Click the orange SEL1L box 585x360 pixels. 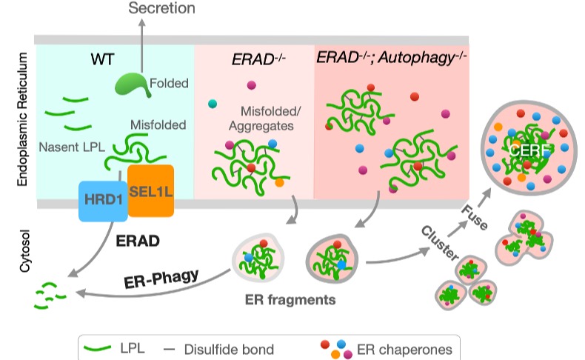[150, 190]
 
